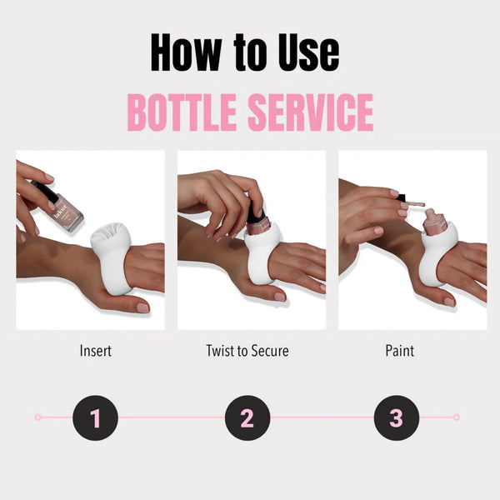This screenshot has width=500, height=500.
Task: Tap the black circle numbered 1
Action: [x=95, y=417]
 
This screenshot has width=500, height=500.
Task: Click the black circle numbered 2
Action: [x=247, y=417]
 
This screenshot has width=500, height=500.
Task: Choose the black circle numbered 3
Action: [x=396, y=417]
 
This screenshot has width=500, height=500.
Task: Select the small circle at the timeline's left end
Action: [x=38, y=417]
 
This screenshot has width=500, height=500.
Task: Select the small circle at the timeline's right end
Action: [x=455, y=417]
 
